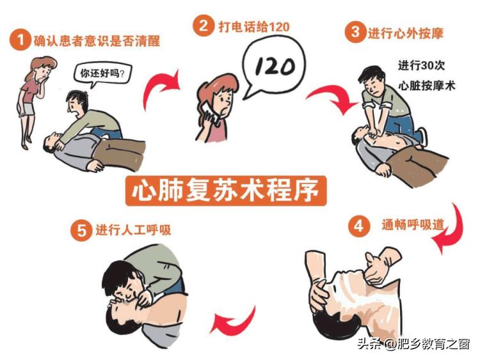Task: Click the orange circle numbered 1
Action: point(20,40)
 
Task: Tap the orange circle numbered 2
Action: point(204,26)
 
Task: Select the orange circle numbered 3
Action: point(354,32)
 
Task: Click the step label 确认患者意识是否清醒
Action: point(96,40)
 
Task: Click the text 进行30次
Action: point(419,65)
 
